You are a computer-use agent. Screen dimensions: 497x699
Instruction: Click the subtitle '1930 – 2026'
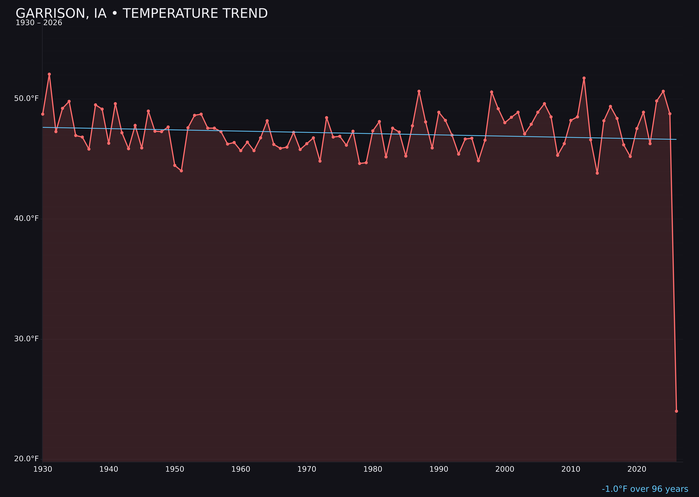point(39,23)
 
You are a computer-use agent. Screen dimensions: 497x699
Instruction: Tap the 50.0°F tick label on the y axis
point(26,99)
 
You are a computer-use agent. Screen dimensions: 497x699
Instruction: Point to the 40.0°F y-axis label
point(26,218)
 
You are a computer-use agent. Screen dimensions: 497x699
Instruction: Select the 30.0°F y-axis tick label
point(26,339)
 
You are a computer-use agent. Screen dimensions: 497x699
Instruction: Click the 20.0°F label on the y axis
point(26,459)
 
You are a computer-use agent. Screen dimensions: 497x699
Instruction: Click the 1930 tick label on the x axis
point(42,469)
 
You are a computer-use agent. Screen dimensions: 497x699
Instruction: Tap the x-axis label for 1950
point(175,469)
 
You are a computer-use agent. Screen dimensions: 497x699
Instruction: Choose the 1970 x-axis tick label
point(307,469)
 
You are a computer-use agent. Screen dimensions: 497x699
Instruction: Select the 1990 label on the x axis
point(439,469)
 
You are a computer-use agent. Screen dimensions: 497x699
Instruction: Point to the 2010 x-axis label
point(571,469)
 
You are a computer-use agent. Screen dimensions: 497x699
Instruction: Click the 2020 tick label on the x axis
point(637,469)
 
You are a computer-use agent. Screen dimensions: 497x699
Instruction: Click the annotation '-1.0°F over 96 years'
point(645,489)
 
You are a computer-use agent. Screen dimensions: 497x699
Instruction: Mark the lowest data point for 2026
point(676,411)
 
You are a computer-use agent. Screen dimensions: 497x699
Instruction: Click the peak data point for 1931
point(49,74)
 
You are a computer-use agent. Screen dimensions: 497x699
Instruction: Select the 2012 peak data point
point(584,78)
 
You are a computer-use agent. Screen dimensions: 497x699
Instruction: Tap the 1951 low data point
point(181,171)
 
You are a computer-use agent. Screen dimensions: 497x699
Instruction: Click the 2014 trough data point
point(597,173)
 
